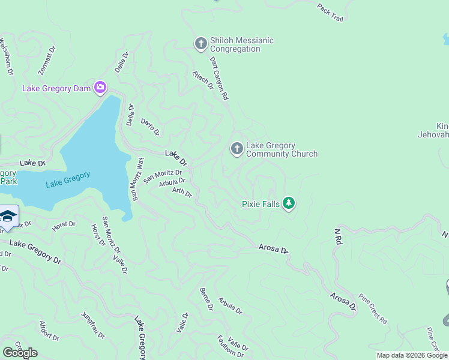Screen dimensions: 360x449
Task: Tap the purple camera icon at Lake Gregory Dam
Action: coord(100,89)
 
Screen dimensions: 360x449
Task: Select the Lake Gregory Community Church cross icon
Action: coord(237,149)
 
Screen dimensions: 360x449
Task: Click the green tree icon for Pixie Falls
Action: coord(289,204)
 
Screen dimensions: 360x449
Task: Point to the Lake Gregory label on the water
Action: coord(68,179)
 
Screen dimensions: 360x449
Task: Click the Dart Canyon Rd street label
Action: coord(219,78)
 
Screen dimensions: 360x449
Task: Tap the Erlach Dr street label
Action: coord(203,80)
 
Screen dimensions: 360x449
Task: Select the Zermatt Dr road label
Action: coord(46,61)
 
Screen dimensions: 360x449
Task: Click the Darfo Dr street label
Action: coord(150,127)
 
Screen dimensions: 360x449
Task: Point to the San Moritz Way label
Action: coord(137,180)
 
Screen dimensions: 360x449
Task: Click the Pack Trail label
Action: coord(330,13)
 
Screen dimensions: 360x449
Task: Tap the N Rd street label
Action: coord(338,235)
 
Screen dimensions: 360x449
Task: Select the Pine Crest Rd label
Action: coord(373,307)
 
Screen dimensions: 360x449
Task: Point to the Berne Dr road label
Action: coord(206,299)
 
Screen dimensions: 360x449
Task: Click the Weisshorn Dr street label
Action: coord(6,56)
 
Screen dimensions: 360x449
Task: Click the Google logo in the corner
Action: coord(20,353)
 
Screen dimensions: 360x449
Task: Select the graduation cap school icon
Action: coord(8,216)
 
